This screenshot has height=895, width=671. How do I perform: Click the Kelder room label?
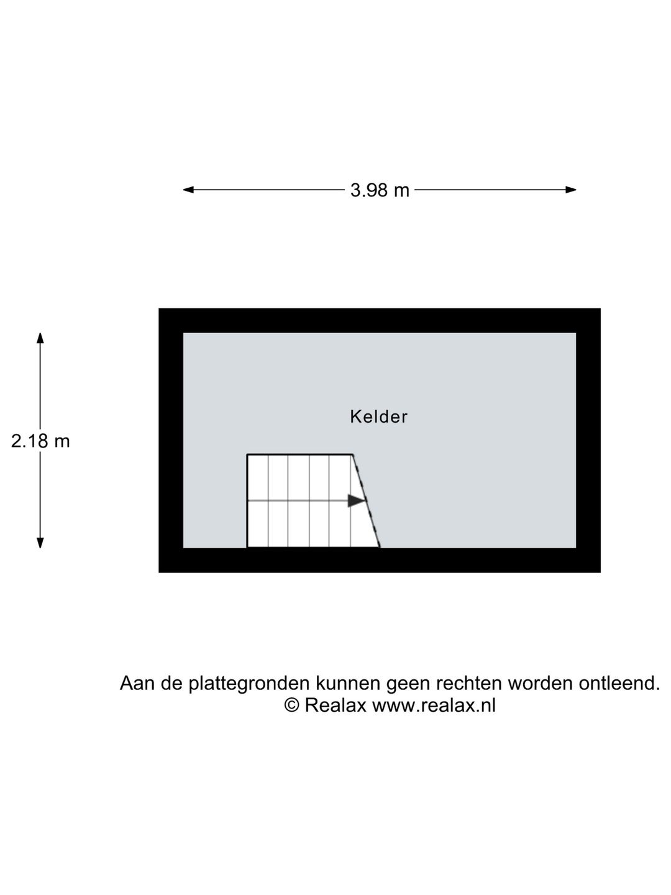click(378, 416)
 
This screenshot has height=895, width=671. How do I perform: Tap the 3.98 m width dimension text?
click(380, 190)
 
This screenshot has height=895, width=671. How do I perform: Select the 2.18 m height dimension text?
click(40, 441)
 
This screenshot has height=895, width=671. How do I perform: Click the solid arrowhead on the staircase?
click(356, 501)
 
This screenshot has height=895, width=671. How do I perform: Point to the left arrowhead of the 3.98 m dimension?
click(188, 190)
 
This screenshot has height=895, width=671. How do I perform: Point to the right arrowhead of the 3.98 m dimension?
click(571, 190)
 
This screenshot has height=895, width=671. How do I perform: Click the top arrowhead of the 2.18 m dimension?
click(40, 338)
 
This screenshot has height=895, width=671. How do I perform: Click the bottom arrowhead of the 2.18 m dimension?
click(40, 543)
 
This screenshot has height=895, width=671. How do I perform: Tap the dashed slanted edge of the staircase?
click(367, 501)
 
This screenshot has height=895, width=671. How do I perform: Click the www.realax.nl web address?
click(434, 705)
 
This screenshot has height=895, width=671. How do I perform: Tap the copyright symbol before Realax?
click(291, 705)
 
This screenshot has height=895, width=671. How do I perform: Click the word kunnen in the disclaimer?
click(348, 684)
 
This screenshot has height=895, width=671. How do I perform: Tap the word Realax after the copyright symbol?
click(335, 705)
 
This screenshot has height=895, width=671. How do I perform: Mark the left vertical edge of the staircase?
click(247, 501)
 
